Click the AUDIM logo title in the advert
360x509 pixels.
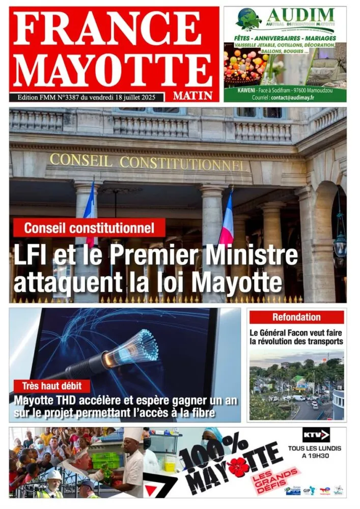pos(300,15)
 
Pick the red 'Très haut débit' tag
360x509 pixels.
pos(52,386)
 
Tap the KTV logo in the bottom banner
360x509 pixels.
pos(316,435)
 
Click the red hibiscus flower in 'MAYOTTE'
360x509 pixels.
pos(238,467)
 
